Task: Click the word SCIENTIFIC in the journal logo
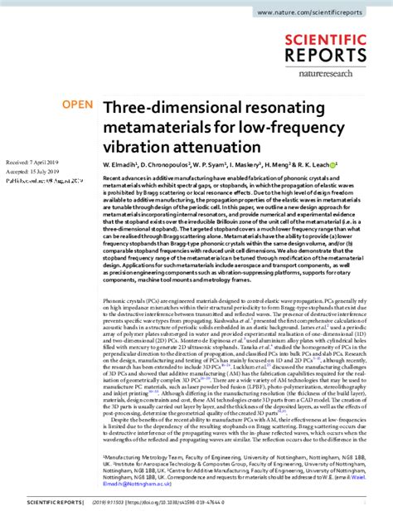pyautogui.click(x=328, y=39)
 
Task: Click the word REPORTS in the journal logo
pyautogui.click(x=328, y=56)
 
